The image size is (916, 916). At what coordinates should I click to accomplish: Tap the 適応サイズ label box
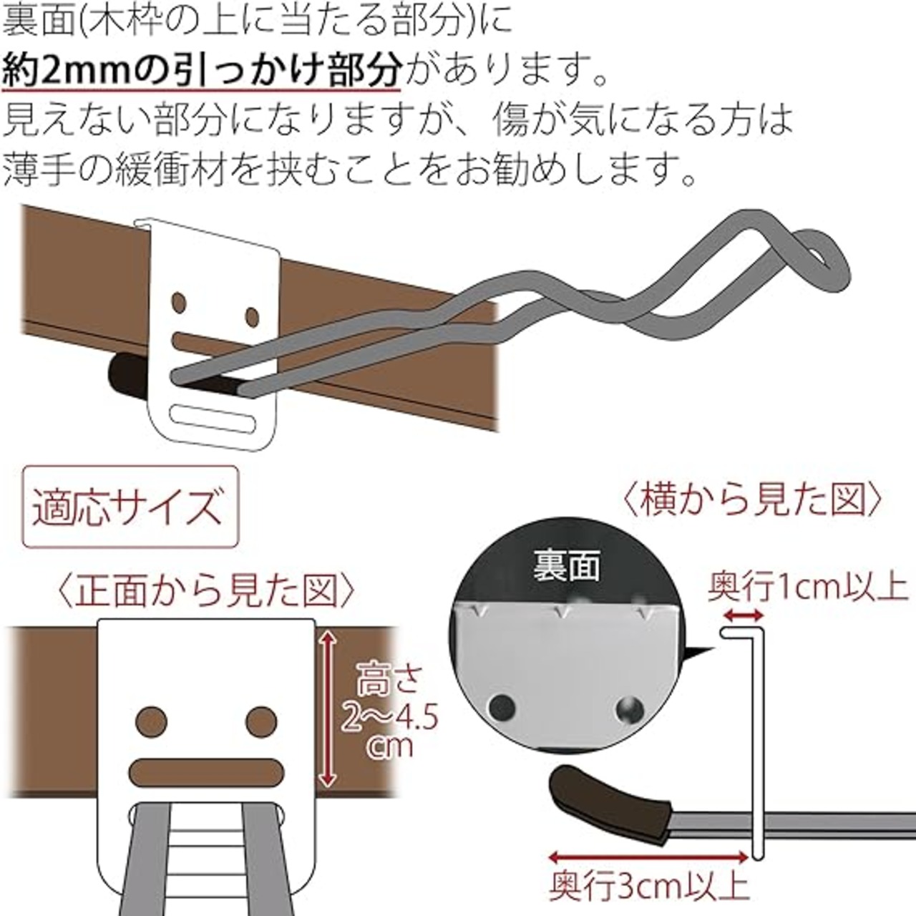(131, 507)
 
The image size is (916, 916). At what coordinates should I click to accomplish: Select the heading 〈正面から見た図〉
(208, 591)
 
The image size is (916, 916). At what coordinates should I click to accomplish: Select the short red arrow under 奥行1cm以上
(743, 616)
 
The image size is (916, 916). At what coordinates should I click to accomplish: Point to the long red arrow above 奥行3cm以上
(649, 857)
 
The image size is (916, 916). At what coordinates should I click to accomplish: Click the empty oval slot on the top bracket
(212, 419)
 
